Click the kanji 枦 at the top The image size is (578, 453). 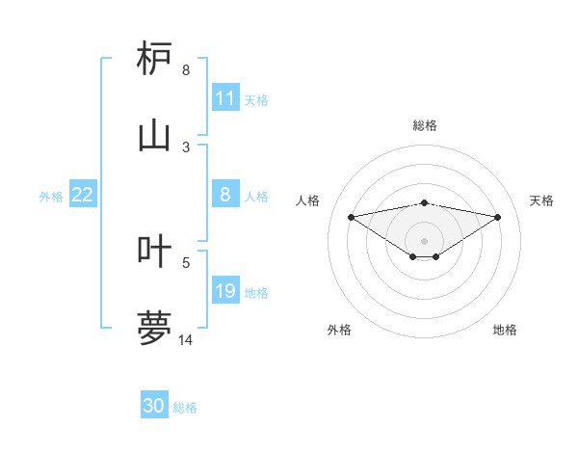[155, 59]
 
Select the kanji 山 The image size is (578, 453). [155, 135]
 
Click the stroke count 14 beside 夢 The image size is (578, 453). [186, 339]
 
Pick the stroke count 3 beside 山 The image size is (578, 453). [186, 147]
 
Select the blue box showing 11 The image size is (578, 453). [225, 98]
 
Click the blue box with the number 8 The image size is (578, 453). [225, 195]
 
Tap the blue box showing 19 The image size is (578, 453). [225, 291]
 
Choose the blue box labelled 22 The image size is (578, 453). [83, 195]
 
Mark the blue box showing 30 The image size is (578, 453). [154, 406]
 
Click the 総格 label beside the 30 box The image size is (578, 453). [185, 408]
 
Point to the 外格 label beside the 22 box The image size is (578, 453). [51, 196]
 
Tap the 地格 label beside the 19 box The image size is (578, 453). [256, 292]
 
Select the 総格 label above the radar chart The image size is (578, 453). [425, 125]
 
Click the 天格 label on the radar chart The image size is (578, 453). [542, 200]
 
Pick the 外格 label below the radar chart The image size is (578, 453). [339, 331]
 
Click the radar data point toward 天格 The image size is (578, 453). [498, 217]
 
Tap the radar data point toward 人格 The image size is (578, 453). [351, 216]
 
